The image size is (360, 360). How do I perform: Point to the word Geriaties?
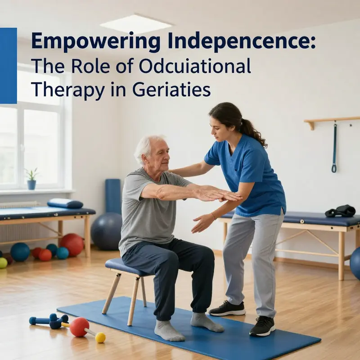171,89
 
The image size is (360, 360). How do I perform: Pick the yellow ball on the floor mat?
100,337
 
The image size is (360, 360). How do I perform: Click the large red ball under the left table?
72,244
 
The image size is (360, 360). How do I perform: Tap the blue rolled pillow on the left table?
65,204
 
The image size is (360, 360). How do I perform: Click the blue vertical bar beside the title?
9,66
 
